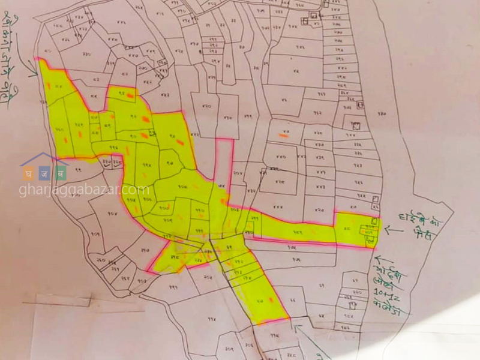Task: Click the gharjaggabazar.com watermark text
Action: pos(84,190)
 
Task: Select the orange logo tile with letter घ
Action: pos(28,173)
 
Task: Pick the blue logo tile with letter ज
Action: pos(43,173)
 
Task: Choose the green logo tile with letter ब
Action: pos(59,173)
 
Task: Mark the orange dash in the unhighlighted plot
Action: pos(284,136)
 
